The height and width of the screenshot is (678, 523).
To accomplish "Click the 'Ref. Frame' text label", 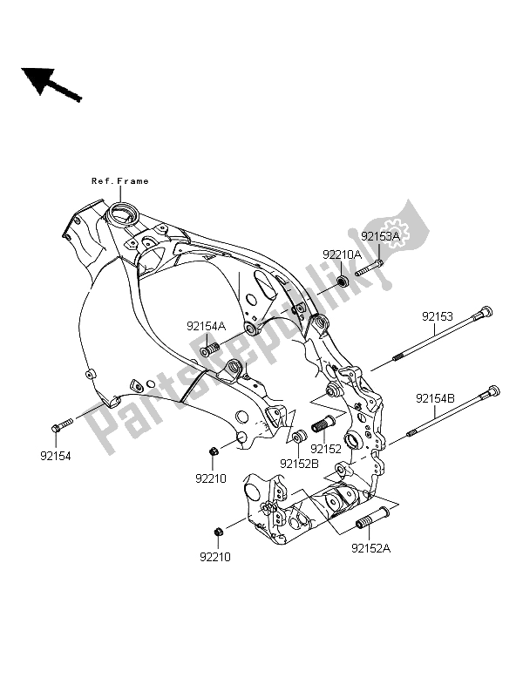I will (120, 181).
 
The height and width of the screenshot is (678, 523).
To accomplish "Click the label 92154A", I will (205, 326).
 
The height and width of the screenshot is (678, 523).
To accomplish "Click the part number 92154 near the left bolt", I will (58, 454).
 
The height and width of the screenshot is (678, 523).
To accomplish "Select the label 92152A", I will (370, 549).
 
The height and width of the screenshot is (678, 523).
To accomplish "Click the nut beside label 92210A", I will (343, 281).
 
